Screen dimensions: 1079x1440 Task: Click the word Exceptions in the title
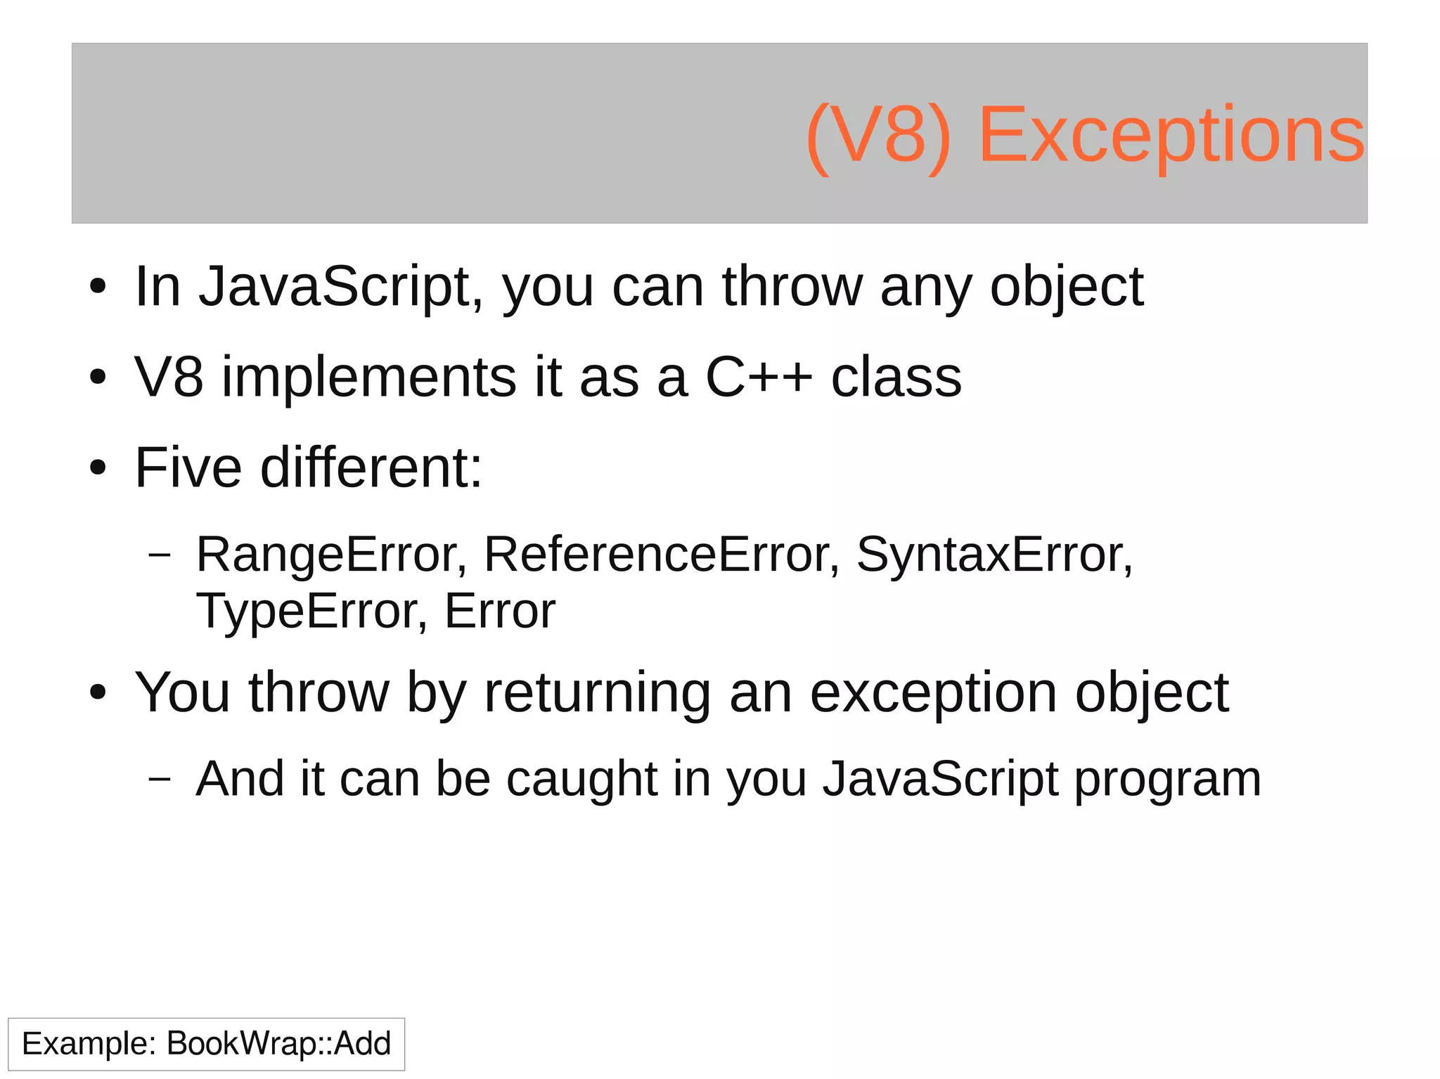(1171, 135)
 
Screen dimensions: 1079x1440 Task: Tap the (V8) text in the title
(879, 135)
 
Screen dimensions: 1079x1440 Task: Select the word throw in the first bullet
(792, 287)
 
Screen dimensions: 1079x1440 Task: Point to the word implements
(370, 378)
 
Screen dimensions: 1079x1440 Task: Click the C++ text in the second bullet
(758, 378)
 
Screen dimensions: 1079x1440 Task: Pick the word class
(896, 378)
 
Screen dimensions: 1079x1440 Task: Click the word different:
(371, 467)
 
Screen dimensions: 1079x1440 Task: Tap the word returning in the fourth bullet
(598, 693)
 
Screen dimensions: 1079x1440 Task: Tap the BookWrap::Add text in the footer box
(278, 1043)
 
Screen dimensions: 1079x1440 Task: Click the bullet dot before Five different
(98, 468)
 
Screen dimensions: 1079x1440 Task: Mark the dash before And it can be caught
(160, 779)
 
